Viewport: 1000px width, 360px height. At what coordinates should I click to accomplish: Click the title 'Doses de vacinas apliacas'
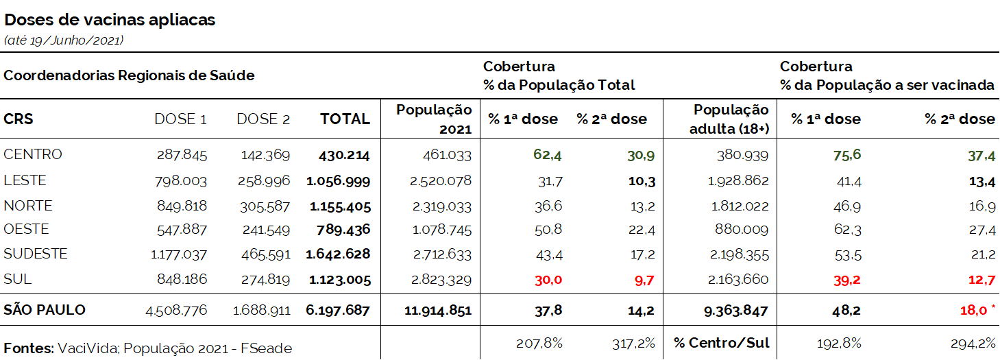pos(110,20)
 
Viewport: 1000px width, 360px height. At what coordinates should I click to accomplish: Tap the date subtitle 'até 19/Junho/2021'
pos(63,40)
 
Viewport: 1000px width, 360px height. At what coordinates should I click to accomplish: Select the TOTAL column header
pos(345,119)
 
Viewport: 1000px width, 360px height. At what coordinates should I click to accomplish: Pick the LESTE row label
pos(25,180)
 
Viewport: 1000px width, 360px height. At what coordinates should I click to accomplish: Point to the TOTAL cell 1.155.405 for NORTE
pos(339,206)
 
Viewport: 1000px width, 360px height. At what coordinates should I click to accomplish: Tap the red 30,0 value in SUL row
pos(548,280)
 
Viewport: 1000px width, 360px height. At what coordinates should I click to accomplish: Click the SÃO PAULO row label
pos(45,310)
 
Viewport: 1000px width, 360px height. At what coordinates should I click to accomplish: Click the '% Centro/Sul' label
pos(721,343)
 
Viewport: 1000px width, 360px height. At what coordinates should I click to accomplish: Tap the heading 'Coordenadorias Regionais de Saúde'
pos(129,75)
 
